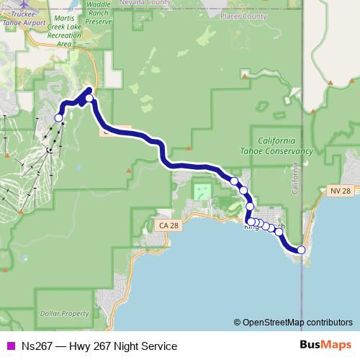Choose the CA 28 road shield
click(x=165, y=226)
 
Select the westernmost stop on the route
click(x=59, y=117)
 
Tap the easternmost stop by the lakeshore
click(x=301, y=250)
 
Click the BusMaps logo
click(x=325, y=346)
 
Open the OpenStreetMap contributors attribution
click(x=297, y=323)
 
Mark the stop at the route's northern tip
click(x=89, y=99)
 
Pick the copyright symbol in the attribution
click(x=237, y=323)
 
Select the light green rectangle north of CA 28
click(x=203, y=192)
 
